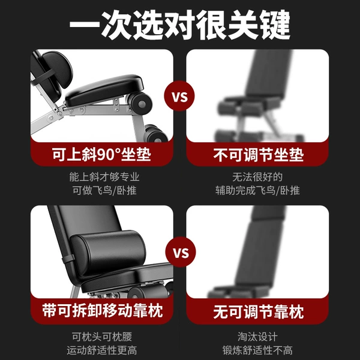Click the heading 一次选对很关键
click(180, 25)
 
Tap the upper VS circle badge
click(179, 96)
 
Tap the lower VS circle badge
click(181, 252)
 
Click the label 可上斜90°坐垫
click(101, 154)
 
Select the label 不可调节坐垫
click(258, 155)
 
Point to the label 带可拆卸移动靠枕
click(103, 310)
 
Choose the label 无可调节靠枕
click(258, 311)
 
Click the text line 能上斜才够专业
click(104, 177)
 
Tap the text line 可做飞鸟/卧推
click(104, 190)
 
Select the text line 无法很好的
click(257, 177)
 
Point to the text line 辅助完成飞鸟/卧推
click(257, 190)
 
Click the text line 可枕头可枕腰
click(102, 337)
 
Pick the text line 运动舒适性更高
click(102, 350)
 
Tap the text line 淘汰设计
click(257, 337)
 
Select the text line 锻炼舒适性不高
click(257, 350)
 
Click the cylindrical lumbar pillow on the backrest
click(108, 252)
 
